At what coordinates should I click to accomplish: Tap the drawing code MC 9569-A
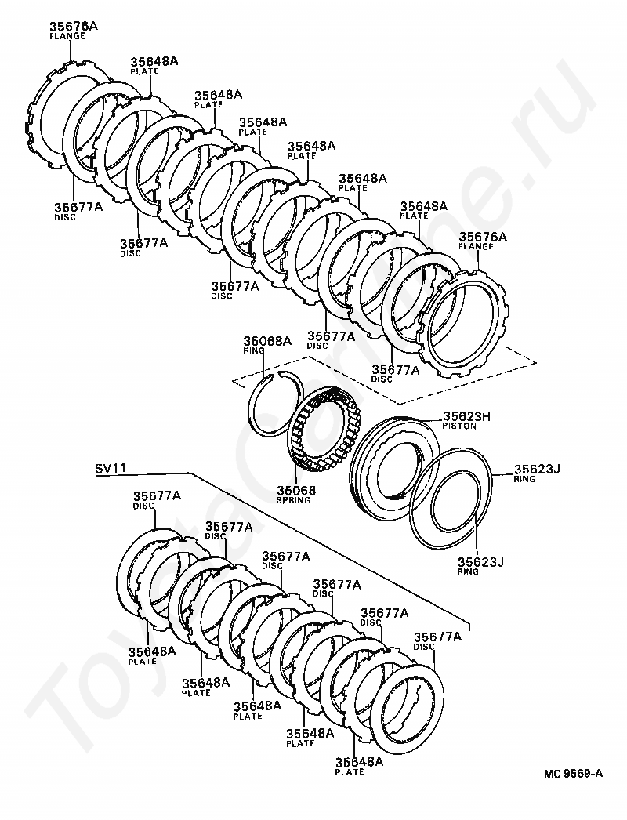(573, 788)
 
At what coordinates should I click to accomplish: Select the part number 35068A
(266, 342)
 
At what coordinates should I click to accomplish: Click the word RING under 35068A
(254, 351)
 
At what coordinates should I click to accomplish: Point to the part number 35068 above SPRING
(296, 491)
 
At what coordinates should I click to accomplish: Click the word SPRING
(293, 500)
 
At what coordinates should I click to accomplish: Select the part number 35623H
(467, 416)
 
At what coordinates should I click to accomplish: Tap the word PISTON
(459, 426)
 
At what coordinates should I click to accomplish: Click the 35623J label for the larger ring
(537, 469)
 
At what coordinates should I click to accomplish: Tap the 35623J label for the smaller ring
(481, 561)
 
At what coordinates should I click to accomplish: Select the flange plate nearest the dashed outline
(502, 325)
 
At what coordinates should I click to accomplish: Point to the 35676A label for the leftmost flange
(74, 26)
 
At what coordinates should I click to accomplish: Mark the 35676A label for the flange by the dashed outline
(483, 237)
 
